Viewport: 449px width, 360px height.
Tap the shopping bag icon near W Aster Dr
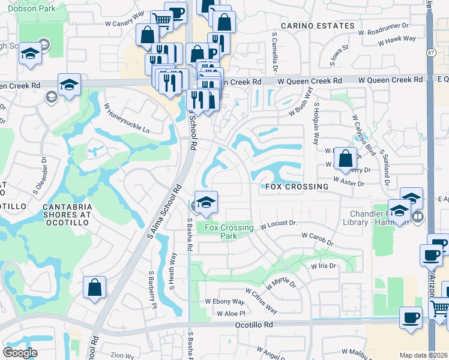click(x=345, y=160)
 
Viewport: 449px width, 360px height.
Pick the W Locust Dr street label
click(x=279, y=224)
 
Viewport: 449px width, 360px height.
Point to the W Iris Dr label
click(x=323, y=266)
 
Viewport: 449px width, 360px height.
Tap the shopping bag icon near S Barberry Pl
click(x=95, y=287)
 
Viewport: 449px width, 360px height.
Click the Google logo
click(x=20, y=353)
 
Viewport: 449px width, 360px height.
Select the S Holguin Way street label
click(x=315, y=124)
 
